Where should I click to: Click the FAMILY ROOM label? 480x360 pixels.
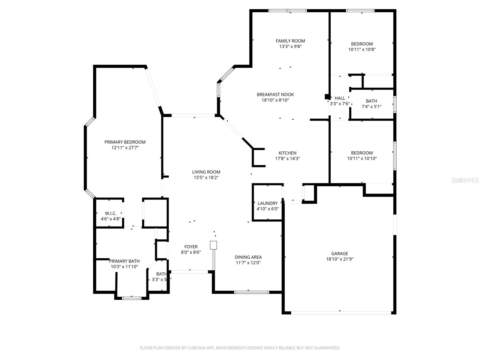pos(290,41)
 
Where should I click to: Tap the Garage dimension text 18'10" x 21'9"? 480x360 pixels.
pos(340,259)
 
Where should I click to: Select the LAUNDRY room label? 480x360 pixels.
pos(268,203)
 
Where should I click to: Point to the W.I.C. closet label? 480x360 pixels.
pos(110,213)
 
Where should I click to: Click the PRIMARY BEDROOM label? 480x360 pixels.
pos(125,142)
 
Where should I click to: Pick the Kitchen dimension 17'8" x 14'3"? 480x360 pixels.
pos(287,159)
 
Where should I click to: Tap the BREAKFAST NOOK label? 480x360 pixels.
pos(275,94)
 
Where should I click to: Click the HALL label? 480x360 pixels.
pos(340,98)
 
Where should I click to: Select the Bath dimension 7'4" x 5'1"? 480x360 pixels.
pos(371,106)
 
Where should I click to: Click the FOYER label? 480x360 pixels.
pos(191,247)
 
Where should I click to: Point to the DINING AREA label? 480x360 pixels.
pos(248,257)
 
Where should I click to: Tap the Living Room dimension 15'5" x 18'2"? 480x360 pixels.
pos(206,178)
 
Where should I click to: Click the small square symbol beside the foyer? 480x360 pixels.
pos(213,245)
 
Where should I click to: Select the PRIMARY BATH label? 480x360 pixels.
pos(124,261)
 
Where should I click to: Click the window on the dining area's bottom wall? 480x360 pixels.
pos(251,292)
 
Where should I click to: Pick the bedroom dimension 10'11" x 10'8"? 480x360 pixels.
pos(362,49)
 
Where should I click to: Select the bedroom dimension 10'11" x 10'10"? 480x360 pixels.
pos(362,158)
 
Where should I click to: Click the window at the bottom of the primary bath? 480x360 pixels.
pos(131,298)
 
